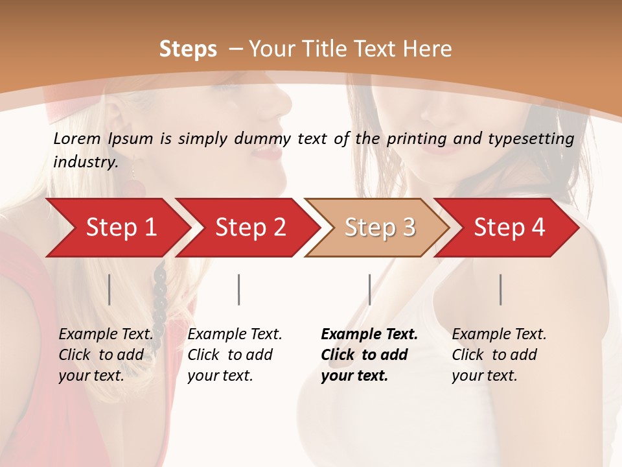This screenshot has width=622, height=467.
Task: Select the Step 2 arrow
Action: (250, 228)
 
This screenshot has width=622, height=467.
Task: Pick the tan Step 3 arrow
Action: (380, 228)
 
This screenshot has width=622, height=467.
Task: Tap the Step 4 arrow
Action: (509, 228)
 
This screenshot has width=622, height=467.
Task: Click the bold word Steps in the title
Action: (188, 49)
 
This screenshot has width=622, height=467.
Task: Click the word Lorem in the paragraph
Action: (77, 138)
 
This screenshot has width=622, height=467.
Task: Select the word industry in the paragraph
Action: (86, 162)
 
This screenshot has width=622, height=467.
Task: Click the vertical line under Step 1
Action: (109, 289)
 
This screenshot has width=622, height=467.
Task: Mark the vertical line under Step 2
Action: (239, 289)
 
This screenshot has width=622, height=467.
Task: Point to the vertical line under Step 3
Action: (369, 289)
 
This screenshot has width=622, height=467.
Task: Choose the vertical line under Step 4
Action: (500, 289)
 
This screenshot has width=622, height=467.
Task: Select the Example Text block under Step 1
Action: (106, 355)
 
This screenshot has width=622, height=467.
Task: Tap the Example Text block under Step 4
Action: (499, 355)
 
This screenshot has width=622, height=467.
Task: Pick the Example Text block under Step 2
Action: (235, 355)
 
